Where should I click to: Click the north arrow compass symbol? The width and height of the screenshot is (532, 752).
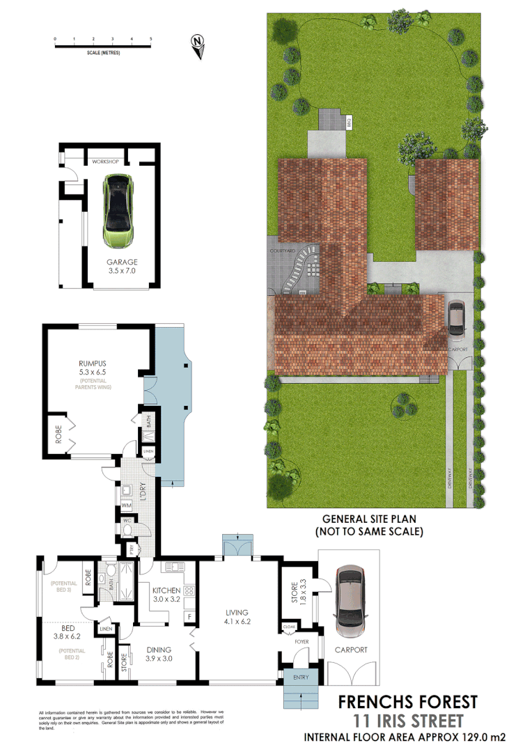tap(198, 45)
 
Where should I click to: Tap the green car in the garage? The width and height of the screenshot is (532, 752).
tap(118, 210)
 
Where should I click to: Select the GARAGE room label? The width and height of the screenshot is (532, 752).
tap(121, 263)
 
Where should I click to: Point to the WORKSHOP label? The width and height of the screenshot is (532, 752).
tap(106, 162)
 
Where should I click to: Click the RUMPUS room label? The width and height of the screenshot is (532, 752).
tap(95, 362)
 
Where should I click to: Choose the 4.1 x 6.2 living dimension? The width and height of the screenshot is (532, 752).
tap(237, 622)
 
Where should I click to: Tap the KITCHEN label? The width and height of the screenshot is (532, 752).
tap(166, 590)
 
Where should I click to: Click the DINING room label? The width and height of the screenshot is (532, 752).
tap(159, 649)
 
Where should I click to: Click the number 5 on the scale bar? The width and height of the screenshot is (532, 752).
tap(151, 39)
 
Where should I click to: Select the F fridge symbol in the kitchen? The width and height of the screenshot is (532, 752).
tap(188, 617)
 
